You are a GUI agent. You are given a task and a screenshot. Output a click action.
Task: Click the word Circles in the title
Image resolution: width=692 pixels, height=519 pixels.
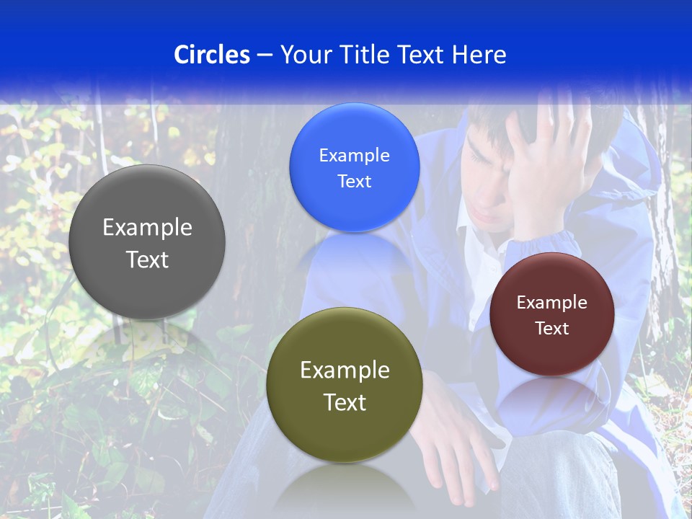coord(211,55)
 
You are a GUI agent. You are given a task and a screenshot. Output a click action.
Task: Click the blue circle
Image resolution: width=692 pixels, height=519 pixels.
coord(354,167)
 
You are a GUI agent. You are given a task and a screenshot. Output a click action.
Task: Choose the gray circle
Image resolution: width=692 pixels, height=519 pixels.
coord(147,242)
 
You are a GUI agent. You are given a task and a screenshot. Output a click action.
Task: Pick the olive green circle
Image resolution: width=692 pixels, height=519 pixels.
coord(345,385)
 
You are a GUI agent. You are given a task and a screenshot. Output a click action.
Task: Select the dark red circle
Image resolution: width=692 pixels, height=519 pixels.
coord(551,314)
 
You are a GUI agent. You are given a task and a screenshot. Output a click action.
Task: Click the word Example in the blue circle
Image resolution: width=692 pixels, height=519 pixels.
coord(354,155)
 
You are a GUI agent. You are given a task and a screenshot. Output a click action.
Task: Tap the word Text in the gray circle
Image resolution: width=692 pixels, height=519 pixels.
coord(147,259)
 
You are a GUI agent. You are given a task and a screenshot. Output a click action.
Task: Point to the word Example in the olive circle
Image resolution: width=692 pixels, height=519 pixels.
coord(345,370)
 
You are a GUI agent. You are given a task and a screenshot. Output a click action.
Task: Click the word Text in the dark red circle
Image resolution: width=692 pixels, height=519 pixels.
coord(551,328)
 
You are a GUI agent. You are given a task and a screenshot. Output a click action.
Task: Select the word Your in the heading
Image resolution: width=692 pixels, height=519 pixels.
coord(305,55)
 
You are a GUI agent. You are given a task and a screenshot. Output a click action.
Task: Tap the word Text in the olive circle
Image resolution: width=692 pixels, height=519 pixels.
coord(345,402)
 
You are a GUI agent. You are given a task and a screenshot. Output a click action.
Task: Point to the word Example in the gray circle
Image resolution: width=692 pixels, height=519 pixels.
coord(147,227)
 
